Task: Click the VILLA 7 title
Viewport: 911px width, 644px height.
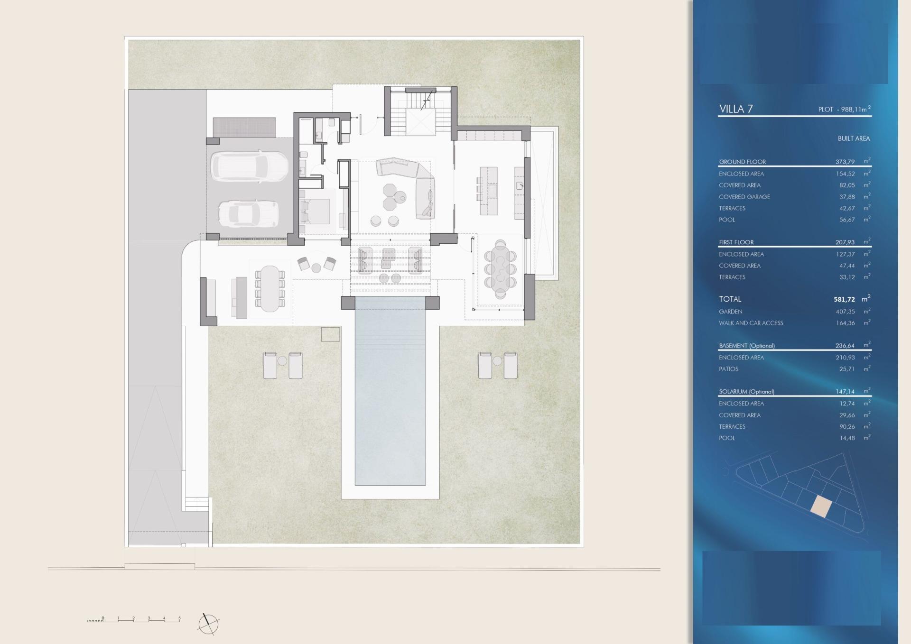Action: pyautogui.click(x=736, y=109)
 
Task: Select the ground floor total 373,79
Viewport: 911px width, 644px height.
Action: pyautogui.click(x=845, y=162)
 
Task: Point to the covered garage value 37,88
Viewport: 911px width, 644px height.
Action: pyautogui.click(x=847, y=197)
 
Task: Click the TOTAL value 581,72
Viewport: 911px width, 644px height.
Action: pyautogui.click(x=844, y=299)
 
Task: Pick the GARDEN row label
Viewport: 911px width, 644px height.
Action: pyautogui.click(x=731, y=312)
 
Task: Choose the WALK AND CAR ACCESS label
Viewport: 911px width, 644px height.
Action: pyautogui.click(x=751, y=323)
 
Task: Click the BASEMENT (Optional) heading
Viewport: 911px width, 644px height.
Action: pyautogui.click(x=747, y=346)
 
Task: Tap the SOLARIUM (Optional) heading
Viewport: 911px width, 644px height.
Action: pyautogui.click(x=746, y=392)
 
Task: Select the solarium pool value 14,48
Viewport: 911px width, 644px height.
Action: pyautogui.click(x=847, y=438)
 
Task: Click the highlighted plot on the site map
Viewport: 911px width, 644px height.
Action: pyautogui.click(x=821, y=506)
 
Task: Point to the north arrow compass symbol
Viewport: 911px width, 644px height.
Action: pyautogui.click(x=208, y=624)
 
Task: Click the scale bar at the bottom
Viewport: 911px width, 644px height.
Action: pyautogui.click(x=134, y=619)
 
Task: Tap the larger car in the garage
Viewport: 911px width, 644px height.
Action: pyautogui.click(x=249, y=166)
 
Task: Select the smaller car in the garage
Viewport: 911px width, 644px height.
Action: pyautogui.click(x=248, y=213)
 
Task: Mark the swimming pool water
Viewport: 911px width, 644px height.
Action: pyautogui.click(x=390, y=391)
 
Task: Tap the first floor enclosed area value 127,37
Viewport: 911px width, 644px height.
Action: pyautogui.click(x=846, y=254)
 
